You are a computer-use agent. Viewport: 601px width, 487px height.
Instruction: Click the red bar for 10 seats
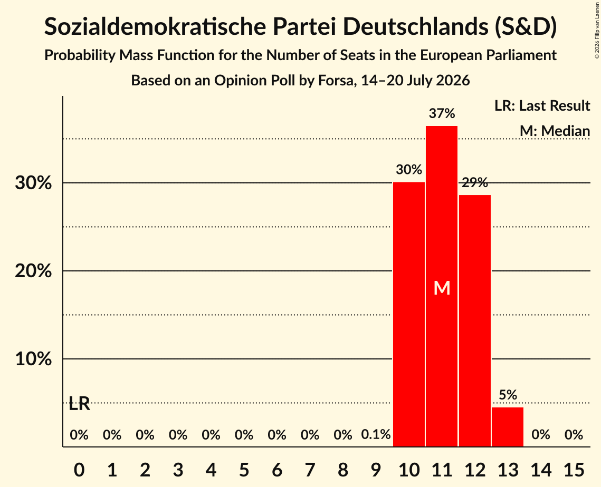[x=409, y=314]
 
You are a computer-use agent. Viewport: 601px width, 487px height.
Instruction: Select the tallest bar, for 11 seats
[x=442, y=286]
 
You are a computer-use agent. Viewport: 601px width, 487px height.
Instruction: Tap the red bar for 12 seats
[x=475, y=321]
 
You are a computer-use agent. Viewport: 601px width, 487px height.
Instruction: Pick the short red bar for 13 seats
[x=508, y=427]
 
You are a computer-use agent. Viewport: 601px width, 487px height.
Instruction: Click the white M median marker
[x=442, y=288]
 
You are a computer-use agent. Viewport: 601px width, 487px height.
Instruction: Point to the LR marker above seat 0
[x=79, y=404]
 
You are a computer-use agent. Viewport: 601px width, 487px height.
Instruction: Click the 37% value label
[x=442, y=113]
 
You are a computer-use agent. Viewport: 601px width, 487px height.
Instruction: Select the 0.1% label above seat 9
[x=376, y=434]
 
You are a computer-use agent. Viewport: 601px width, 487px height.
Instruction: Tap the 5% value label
[x=508, y=395]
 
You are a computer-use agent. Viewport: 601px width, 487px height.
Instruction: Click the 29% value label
[x=475, y=182]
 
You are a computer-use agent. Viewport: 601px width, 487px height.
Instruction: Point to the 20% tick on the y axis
[x=33, y=271]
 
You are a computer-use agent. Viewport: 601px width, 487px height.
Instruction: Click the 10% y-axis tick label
[x=33, y=359]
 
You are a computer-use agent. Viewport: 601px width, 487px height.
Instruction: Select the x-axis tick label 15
[x=574, y=470]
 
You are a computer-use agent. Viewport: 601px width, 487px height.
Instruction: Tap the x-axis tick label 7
[x=310, y=470]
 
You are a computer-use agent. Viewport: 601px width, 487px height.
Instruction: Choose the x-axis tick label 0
[x=79, y=470]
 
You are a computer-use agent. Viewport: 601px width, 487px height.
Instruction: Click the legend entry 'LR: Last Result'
[x=542, y=105]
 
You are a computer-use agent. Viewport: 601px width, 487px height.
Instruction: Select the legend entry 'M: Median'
[x=555, y=131]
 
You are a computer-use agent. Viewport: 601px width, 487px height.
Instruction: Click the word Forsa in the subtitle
[x=336, y=81]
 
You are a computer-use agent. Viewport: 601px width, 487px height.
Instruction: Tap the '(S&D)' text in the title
[x=526, y=27]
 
